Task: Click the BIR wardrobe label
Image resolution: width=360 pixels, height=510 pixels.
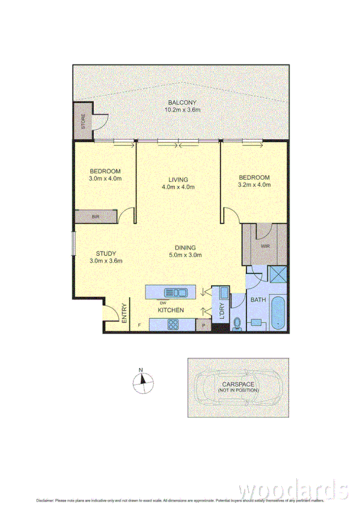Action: [95, 217]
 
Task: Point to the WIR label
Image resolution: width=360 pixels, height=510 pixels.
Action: [264, 246]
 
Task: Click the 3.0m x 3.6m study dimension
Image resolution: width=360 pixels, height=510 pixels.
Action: [105, 261]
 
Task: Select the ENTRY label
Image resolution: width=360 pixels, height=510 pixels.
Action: [124, 314]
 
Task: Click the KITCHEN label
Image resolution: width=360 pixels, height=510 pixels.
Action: [171, 310]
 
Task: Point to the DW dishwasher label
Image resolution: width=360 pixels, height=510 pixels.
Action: [163, 303]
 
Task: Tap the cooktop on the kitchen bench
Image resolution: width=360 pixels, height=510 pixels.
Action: [172, 325]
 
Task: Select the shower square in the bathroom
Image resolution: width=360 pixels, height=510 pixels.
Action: [278, 275]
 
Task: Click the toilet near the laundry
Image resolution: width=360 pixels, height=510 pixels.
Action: [236, 323]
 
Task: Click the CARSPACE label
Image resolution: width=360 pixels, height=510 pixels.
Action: [239, 383]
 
